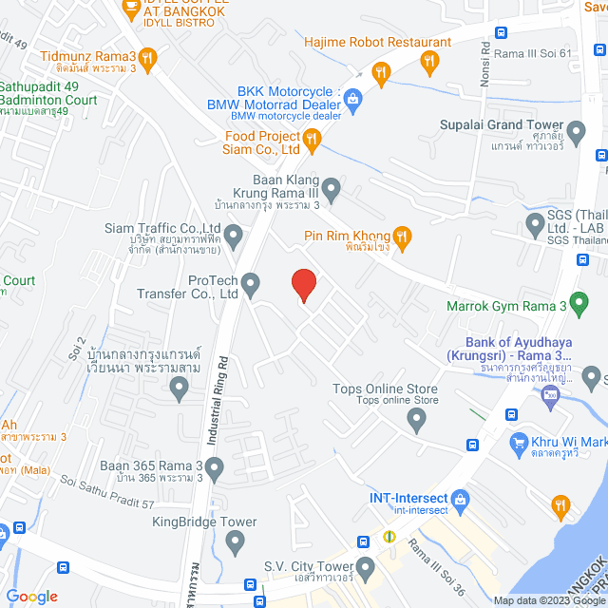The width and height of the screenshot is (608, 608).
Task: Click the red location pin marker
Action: click(x=303, y=286)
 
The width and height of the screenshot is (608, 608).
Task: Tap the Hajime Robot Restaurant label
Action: click(x=377, y=42)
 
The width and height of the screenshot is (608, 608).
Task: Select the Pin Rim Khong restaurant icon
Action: click(x=402, y=237)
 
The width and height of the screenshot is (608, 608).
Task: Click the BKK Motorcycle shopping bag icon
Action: click(x=352, y=98)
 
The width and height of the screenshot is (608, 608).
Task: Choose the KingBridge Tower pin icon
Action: click(x=236, y=540)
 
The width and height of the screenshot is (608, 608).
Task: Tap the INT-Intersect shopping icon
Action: click(x=461, y=498)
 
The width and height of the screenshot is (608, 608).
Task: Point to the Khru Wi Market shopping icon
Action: click(x=519, y=442)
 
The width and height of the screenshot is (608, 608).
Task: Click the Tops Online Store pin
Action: click(x=415, y=420)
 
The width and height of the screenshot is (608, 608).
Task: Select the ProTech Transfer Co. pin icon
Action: click(x=251, y=283)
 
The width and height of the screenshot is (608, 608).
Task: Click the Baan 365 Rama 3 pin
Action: click(x=214, y=467)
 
